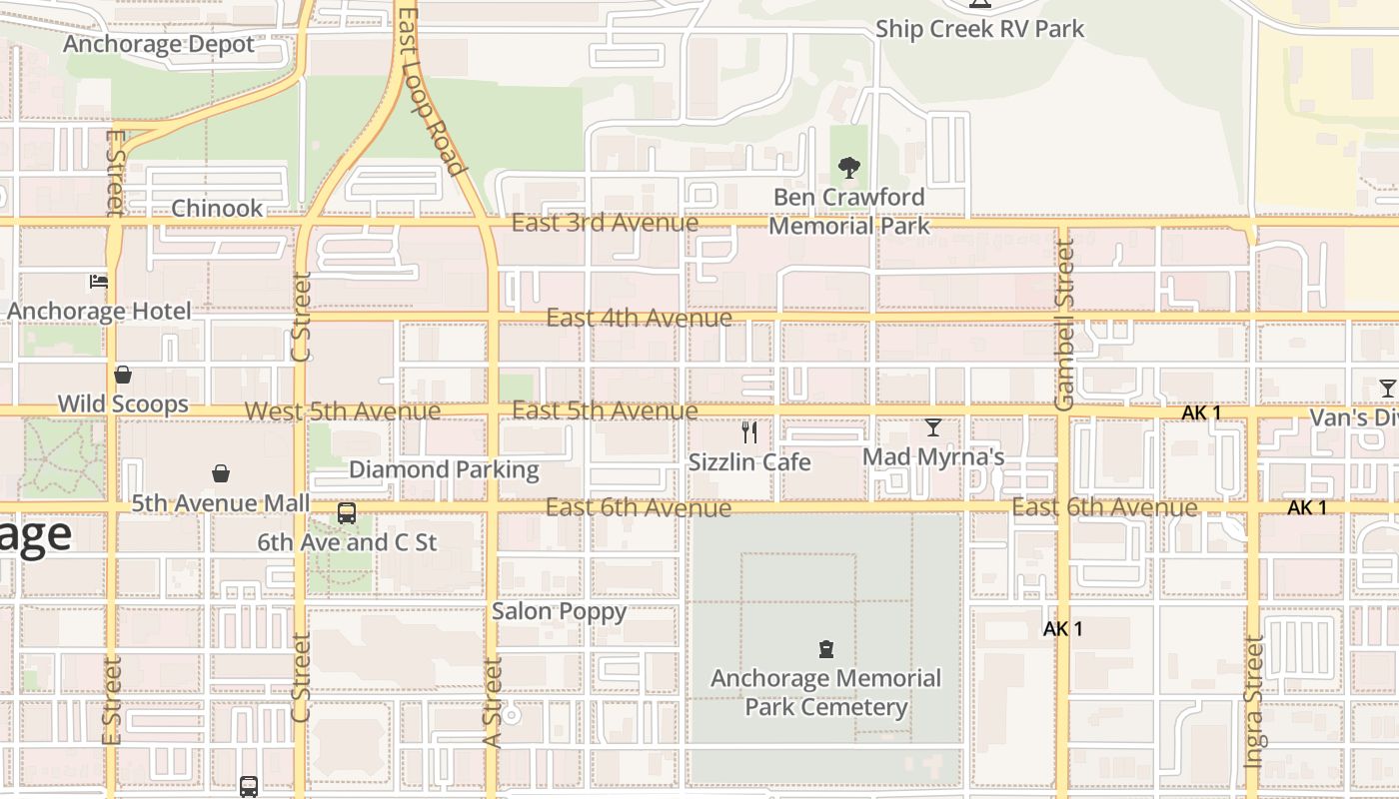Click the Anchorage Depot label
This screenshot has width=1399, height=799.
[x=159, y=44]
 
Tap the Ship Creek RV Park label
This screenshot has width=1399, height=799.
[x=979, y=29]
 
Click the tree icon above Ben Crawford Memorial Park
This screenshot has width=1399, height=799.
[x=849, y=167]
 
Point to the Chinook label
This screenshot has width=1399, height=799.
[x=217, y=208]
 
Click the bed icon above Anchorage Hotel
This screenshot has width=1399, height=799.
[x=99, y=282]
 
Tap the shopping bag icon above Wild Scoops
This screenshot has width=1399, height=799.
[x=123, y=375]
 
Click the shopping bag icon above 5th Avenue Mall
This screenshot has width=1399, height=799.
[x=221, y=473]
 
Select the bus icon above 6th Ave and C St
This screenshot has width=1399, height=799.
[x=347, y=513]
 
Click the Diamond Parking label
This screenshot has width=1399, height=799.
[x=444, y=469]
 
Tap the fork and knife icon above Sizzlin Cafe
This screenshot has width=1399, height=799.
[x=749, y=431]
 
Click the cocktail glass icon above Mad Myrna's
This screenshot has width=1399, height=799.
[x=933, y=427]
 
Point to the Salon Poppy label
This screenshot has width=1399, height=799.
[x=559, y=611]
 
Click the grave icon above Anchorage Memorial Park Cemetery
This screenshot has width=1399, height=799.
[x=825, y=649]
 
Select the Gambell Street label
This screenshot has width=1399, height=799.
[x=1064, y=325]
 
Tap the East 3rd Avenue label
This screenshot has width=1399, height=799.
[x=605, y=223]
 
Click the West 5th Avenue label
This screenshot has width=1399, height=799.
[x=343, y=411]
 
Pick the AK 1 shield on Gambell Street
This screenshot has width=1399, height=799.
[x=1062, y=629]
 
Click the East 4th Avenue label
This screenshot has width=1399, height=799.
[x=639, y=318]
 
